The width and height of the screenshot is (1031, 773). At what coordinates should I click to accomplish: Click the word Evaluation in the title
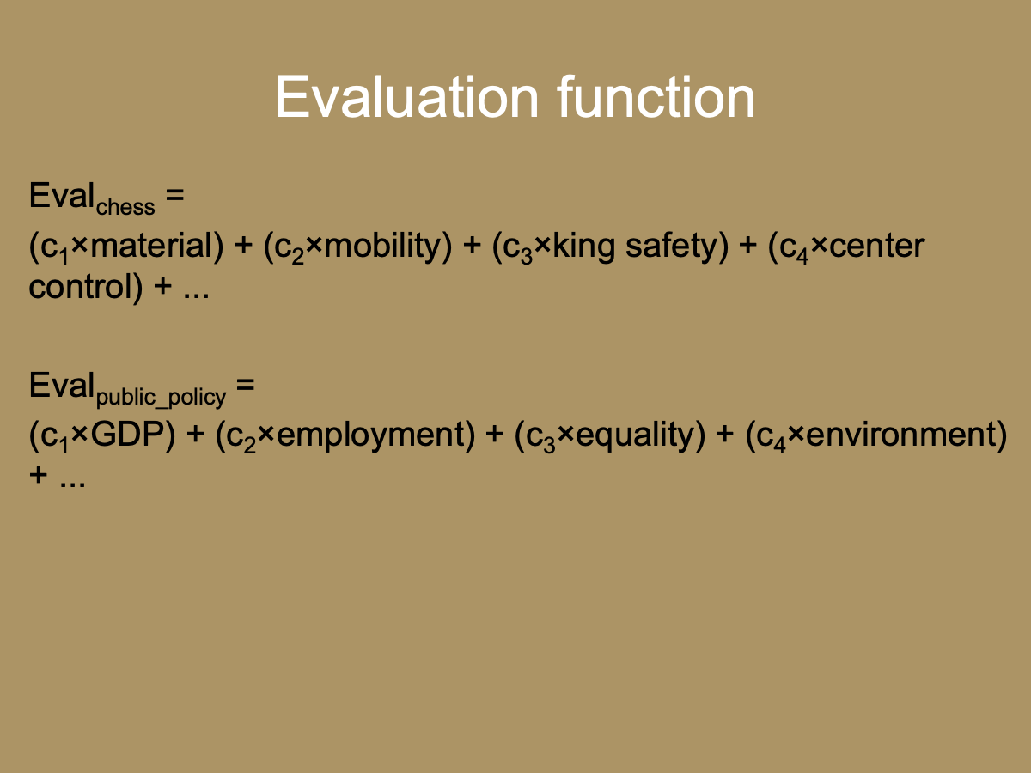[408, 98]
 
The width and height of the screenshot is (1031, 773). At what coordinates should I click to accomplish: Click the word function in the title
[656, 98]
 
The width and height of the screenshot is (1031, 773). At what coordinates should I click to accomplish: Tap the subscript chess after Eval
[125, 207]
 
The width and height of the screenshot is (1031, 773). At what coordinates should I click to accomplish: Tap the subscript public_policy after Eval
[162, 397]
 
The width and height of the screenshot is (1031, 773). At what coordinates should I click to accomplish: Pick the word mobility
[382, 247]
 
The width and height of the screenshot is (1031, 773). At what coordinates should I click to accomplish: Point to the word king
[583, 247]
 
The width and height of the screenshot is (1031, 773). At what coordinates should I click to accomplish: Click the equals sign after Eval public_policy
[246, 386]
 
